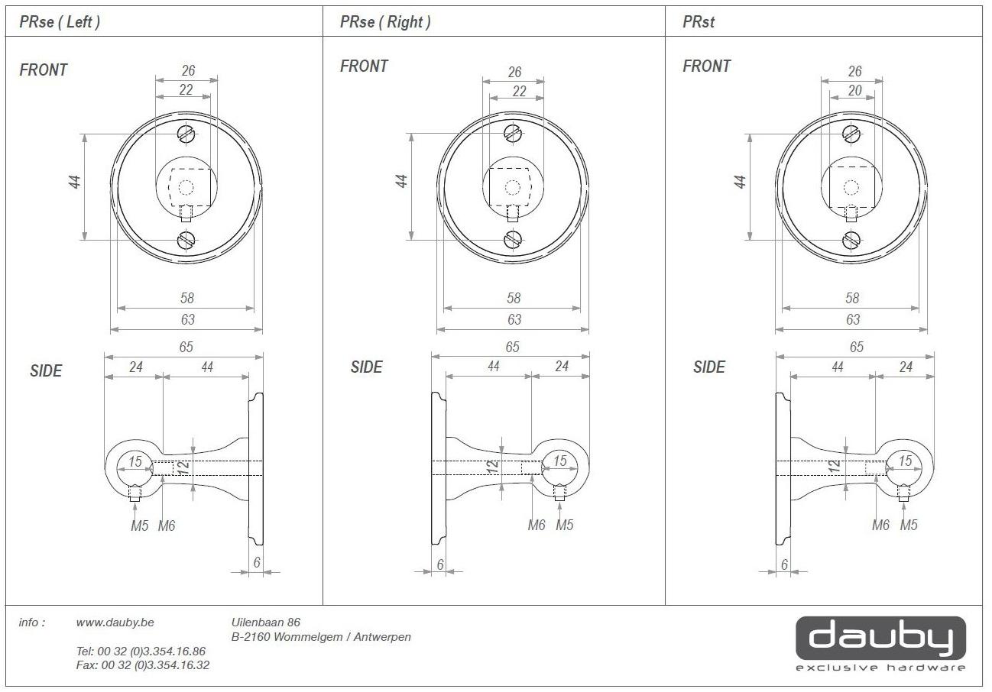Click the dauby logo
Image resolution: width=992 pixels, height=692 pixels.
(x=880, y=644)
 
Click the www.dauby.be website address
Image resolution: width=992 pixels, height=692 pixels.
(x=115, y=622)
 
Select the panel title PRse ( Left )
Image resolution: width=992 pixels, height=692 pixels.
(x=60, y=21)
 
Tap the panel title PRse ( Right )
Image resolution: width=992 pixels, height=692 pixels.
(x=385, y=21)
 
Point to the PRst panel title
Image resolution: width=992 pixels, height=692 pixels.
(x=699, y=21)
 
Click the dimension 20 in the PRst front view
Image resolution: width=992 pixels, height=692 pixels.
(x=854, y=90)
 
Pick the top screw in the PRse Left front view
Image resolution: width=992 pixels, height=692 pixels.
(x=186, y=134)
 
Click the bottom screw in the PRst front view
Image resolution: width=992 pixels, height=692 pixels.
(x=851, y=241)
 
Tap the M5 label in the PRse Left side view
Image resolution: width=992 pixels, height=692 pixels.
(x=140, y=525)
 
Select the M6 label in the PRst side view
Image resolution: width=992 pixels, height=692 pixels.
(x=880, y=525)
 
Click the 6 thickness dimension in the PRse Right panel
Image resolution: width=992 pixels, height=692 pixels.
(x=439, y=564)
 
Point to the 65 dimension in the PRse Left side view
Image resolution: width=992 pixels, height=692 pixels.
(x=186, y=347)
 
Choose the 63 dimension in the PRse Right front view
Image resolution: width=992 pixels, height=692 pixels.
(x=514, y=319)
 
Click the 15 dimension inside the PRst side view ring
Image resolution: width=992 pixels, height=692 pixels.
(x=905, y=461)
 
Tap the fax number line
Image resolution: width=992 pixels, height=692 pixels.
(x=143, y=665)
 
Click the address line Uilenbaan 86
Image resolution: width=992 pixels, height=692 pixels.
(x=266, y=622)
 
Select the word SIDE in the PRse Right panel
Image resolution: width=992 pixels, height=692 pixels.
(x=366, y=367)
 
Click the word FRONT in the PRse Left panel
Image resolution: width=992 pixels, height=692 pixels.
(x=44, y=70)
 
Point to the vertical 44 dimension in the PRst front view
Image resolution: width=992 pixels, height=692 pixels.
(x=740, y=182)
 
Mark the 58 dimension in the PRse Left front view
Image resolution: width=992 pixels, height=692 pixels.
(x=187, y=298)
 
